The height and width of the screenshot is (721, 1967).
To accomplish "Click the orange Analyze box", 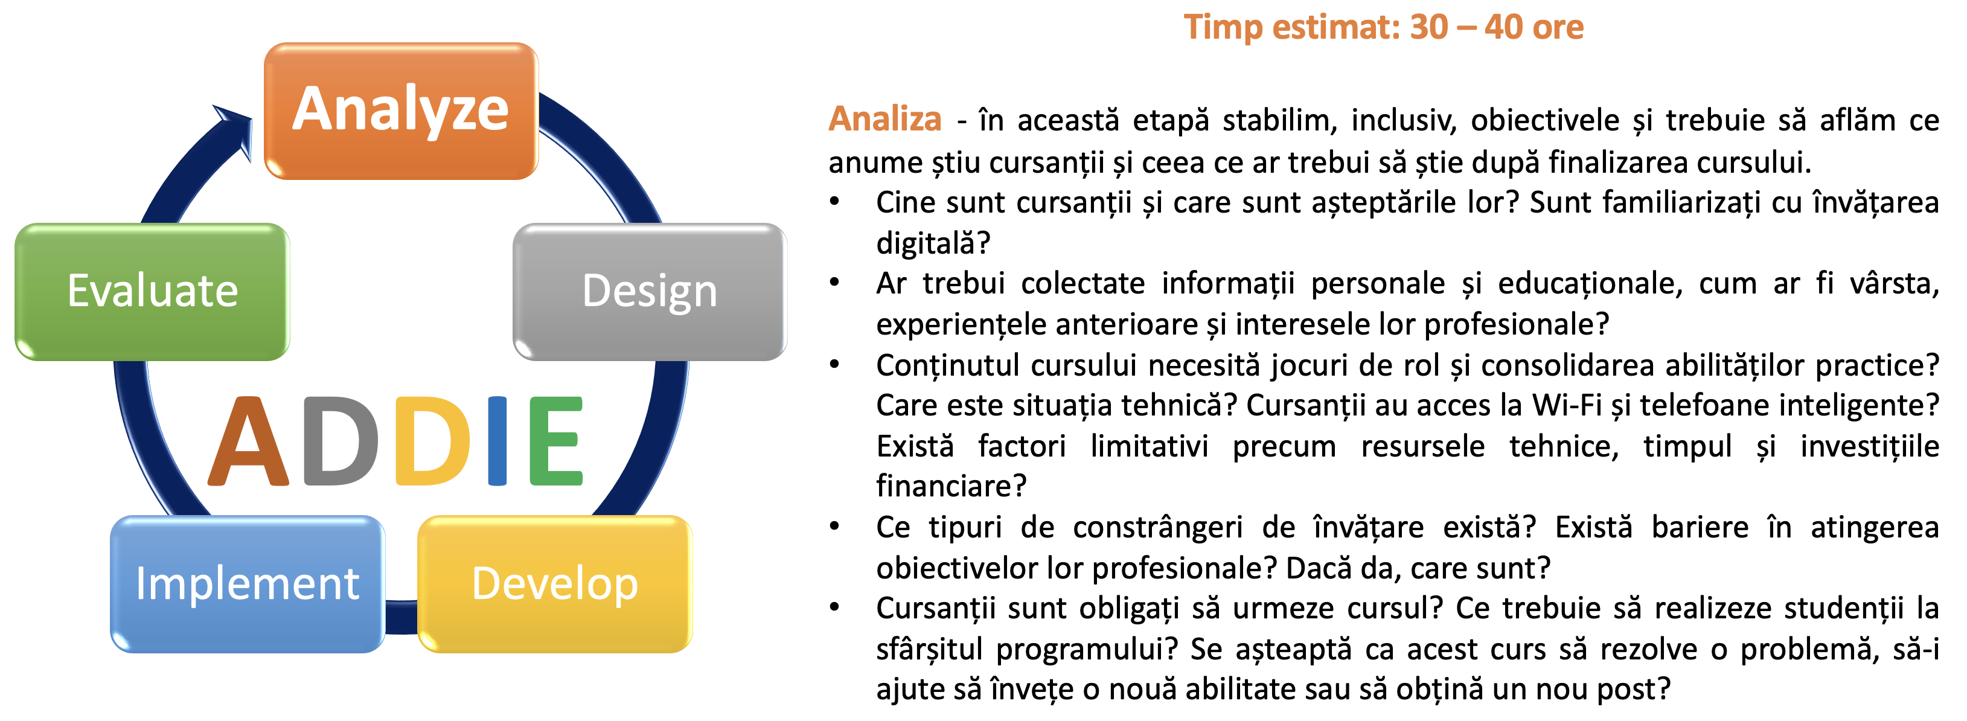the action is point(401,111).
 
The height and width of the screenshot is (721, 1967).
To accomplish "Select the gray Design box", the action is point(650,292).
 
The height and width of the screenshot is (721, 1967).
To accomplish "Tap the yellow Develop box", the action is point(555,585).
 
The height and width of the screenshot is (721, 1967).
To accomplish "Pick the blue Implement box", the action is point(248,585).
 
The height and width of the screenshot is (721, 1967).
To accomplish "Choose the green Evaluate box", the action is point(152,292).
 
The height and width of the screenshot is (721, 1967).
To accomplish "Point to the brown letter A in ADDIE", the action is point(249,441).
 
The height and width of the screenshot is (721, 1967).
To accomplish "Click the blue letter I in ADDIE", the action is point(497,441).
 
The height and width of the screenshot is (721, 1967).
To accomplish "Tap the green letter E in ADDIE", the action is point(557,441).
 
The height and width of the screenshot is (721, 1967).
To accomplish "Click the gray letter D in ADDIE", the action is point(341,441).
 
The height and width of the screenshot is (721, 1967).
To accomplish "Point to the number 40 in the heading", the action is point(1503,28).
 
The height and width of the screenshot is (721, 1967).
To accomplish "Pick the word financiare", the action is point(952,485).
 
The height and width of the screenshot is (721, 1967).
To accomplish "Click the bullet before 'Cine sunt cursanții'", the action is point(834,202).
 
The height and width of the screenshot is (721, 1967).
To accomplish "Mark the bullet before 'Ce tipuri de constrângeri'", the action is point(834,526).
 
